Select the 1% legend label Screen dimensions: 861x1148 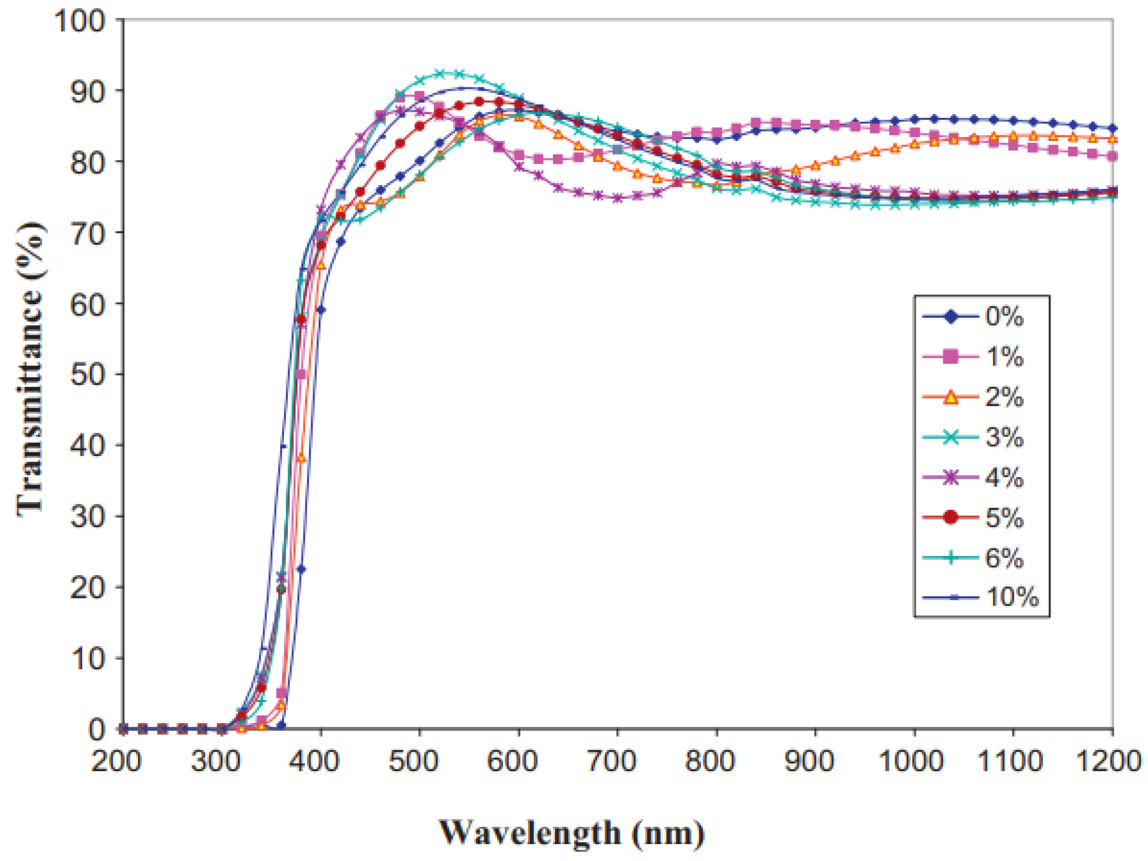1004,357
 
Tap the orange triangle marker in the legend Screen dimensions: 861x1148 950,398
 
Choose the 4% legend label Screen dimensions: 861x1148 1004,478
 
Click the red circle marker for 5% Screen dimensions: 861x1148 950,518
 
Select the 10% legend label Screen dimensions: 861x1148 1012,598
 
